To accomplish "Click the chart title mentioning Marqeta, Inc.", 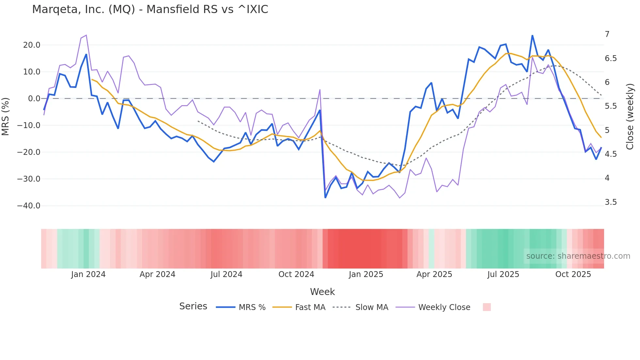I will tap(150, 9).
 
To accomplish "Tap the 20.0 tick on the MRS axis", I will tap(32, 45).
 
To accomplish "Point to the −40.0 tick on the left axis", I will tap(29, 206).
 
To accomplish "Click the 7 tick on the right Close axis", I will tap(607, 34).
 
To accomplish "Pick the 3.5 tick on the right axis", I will tap(611, 202).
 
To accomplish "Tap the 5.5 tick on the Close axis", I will tap(611, 106).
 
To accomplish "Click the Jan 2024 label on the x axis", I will tap(88, 274).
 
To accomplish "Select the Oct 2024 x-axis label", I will tap(296, 274).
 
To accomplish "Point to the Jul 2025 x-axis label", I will tap(503, 274).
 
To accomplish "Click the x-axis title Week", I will tap(322, 292).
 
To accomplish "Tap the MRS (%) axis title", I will tap(5, 116).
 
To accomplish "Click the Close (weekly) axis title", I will tap(630, 116).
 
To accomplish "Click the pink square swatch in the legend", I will tap(487, 307).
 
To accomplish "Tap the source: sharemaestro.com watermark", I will tap(578, 256).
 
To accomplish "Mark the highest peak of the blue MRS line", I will tap(532, 36).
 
